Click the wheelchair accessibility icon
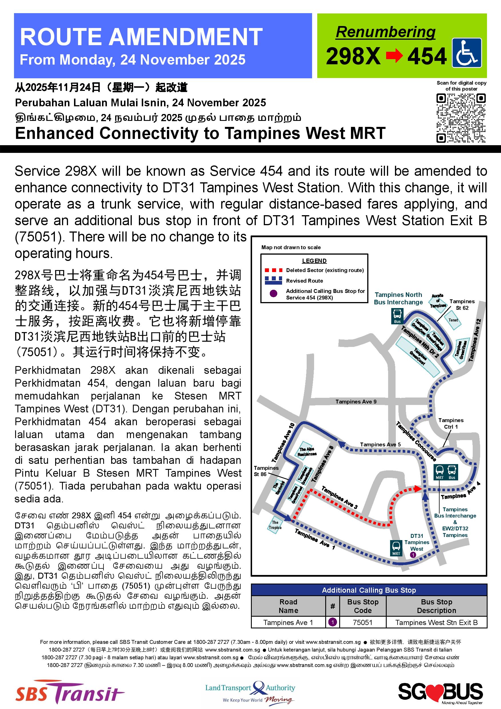coord(466,53)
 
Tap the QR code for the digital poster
coord(461,118)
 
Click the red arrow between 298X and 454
coord(394,56)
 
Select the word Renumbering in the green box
coord(386,32)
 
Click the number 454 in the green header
coord(427,56)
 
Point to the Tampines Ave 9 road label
coord(356,402)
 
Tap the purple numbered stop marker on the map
coord(413,555)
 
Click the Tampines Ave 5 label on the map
coord(380,444)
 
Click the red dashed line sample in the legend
coord(273,270)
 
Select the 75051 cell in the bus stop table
coord(363,622)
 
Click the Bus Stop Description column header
coord(436,606)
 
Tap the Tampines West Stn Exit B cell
coord(436,622)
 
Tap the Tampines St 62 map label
coord(462,304)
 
